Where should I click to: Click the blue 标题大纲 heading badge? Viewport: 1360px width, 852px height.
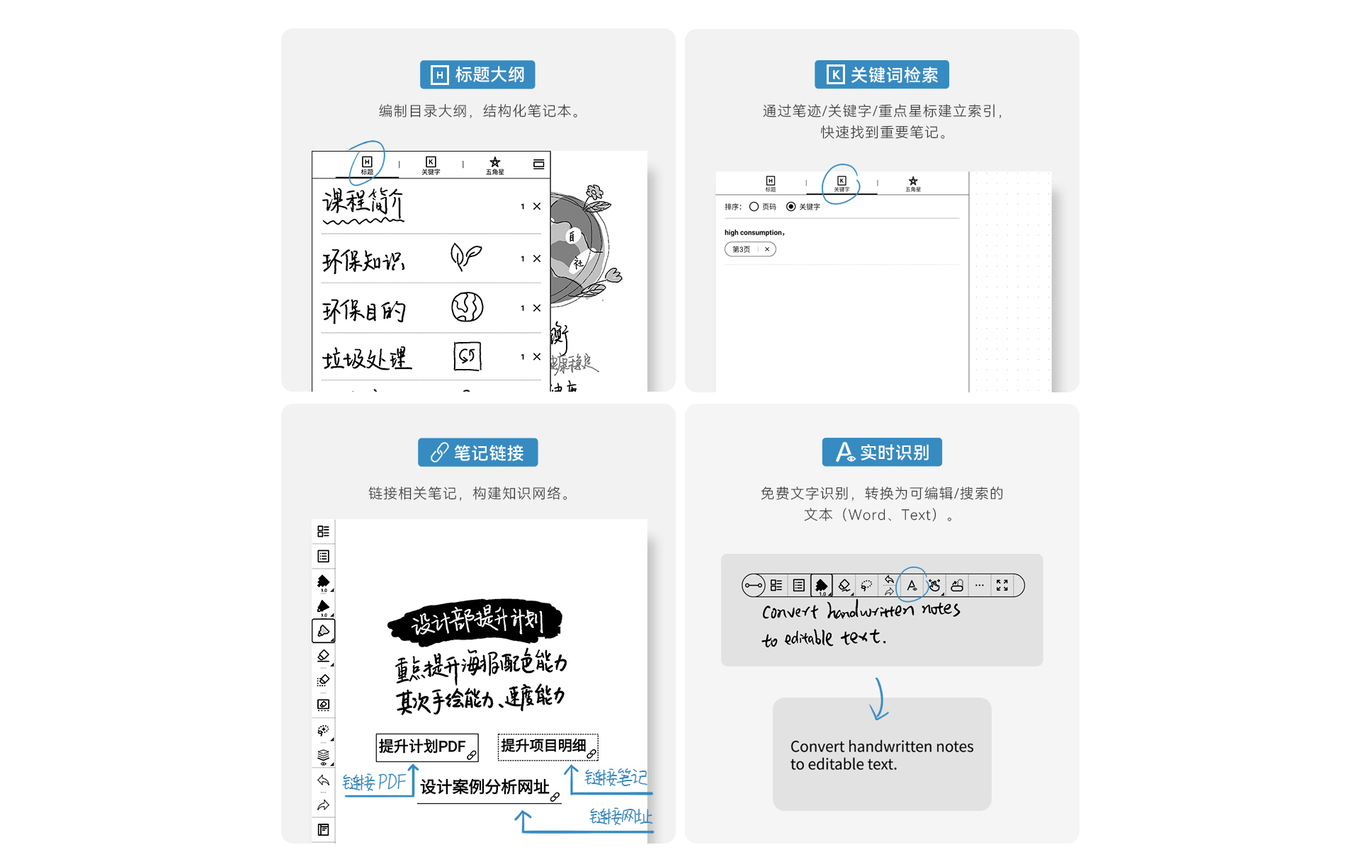tap(477, 74)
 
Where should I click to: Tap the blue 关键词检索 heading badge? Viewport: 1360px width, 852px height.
tap(881, 74)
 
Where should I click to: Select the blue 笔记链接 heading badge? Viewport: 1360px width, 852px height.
tap(477, 453)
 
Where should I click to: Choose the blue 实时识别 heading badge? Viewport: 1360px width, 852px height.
tap(882, 452)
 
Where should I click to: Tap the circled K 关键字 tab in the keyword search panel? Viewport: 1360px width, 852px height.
tap(841, 183)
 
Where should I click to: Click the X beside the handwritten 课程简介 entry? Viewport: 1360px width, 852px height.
tap(537, 206)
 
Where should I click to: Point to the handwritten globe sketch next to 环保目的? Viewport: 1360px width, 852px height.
tap(467, 307)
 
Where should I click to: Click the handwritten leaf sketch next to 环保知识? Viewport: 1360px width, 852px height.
tap(466, 256)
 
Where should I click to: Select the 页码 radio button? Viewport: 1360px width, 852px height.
tap(754, 207)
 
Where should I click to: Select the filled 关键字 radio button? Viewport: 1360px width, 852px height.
tap(790, 207)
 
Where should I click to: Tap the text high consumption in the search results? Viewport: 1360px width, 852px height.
tap(754, 232)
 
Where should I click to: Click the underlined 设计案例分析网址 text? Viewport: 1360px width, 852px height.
tap(484, 787)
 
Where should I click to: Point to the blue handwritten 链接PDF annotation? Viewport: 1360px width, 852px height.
tap(373, 782)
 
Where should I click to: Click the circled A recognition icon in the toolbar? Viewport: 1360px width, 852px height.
tap(912, 585)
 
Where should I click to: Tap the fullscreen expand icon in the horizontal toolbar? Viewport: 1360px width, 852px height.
tap(1002, 585)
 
